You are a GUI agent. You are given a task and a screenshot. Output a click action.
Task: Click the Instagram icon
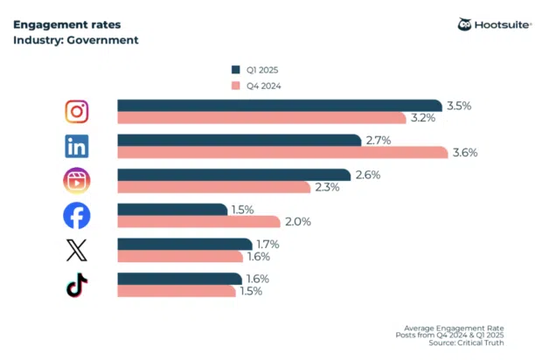pyautogui.click(x=77, y=112)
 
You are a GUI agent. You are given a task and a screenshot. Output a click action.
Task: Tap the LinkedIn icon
pyautogui.click(x=77, y=146)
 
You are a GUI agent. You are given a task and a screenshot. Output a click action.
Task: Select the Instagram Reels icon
pyautogui.click(x=77, y=181)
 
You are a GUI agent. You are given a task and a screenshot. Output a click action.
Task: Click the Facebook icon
pyautogui.click(x=77, y=215)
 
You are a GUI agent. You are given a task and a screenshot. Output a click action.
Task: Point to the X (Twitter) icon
pyautogui.click(x=77, y=251)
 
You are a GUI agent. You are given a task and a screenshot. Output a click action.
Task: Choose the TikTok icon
pyautogui.click(x=77, y=285)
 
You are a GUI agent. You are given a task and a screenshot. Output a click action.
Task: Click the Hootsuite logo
pyautogui.click(x=494, y=24)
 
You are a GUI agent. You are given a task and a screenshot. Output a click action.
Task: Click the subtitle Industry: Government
pyautogui.click(x=75, y=40)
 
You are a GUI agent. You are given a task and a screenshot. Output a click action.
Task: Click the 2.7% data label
pyautogui.click(x=378, y=140)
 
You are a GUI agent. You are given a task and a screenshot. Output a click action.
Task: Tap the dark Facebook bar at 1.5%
pyautogui.click(x=171, y=209)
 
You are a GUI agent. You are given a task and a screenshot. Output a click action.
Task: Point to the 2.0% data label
pyautogui.click(x=298, y=222)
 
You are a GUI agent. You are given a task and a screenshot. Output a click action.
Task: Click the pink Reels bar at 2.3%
pyautogui.click(x=213, y=187)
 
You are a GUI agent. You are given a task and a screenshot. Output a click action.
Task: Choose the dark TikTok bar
pyautogui.click(x=178, y=279)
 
